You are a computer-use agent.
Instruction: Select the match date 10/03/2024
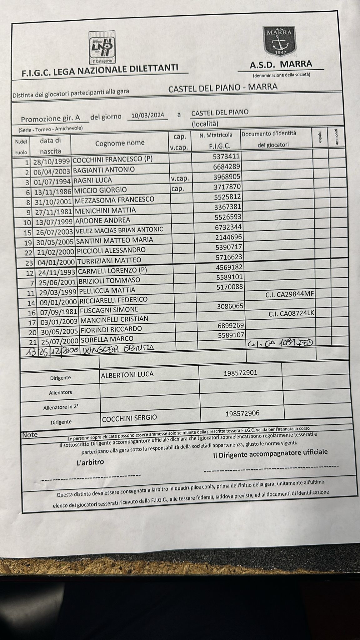(147, 115)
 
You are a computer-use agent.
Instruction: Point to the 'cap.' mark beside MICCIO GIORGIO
(178, 188)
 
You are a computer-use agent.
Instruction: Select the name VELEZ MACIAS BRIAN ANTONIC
(119, 230)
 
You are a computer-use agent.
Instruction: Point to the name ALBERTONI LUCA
(127, 374)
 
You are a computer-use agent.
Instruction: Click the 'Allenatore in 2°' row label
(61, 407)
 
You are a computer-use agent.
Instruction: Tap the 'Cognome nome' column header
(120, 143)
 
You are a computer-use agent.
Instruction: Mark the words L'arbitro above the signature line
(90, 462)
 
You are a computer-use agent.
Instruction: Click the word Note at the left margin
(30, 435)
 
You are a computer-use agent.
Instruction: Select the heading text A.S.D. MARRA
(281, 64)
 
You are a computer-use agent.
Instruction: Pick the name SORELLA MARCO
(107, 339)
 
